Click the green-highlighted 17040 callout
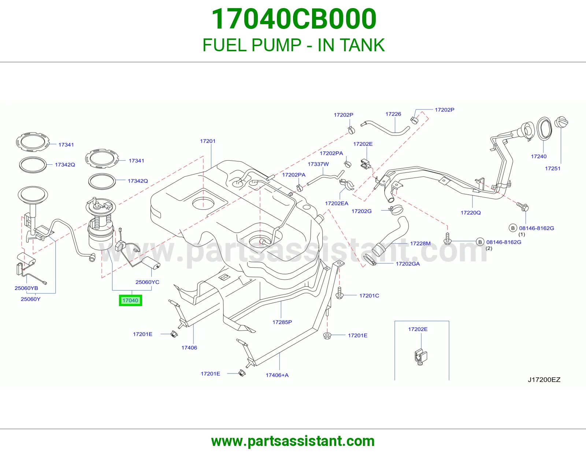point(130,300)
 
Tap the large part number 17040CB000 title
point(294,19)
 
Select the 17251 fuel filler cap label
point(553,168)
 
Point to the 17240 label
point(538,156)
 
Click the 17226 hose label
point(393,114)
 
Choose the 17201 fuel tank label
point(208,141)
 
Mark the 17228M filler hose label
point(420,243)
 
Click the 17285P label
point(282,322)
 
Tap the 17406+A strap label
point(277,375)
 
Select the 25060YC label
point(147,282)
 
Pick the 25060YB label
point(26,288)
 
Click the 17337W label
point(318,164)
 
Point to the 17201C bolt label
point(369,296)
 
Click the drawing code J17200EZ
point(544,380)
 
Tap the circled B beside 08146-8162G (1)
point(513,228)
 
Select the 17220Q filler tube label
point(471,213)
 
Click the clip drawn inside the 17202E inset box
point(420,357)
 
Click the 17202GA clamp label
point(408,264)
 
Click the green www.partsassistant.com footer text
point(293,441)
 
